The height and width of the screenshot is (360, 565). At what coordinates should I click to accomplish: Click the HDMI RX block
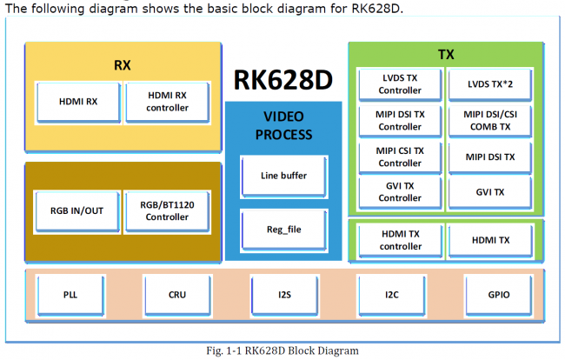point(79,101)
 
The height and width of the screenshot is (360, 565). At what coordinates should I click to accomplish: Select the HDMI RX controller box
point(168,101)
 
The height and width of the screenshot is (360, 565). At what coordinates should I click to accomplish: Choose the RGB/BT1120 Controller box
point(168,210)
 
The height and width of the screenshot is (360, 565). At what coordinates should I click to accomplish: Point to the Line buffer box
point(283,176)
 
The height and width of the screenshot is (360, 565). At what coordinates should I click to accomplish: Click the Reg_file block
point(283,230)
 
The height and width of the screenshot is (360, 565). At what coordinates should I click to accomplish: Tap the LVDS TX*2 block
point(489,84)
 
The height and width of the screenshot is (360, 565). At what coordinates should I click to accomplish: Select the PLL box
point(70,295)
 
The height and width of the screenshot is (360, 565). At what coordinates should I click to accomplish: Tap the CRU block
point(177,295)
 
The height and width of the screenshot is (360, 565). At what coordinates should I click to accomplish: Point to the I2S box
point(284,295)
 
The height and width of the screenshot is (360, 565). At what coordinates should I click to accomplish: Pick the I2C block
point(392,295)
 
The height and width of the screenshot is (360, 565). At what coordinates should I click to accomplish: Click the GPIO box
point(499,295)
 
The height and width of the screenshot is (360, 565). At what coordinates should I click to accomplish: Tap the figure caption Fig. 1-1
point(283,350)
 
